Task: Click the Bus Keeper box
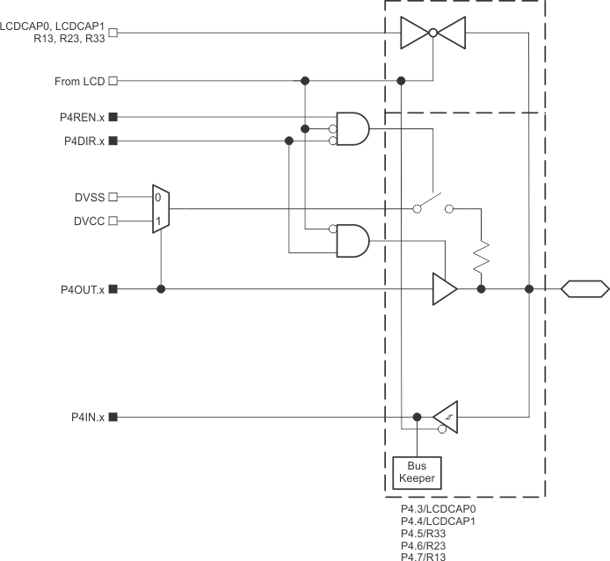pyautogui.click(x=418, y=473)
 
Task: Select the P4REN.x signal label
pyautogui.click(x=82, y=116)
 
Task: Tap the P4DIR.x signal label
pyautogui.click(x=83, y=141)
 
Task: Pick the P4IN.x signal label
pyautogui.click(x=88, y=417)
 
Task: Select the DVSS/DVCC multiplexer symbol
pyautogui.click(x=160, y=209)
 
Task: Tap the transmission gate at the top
pyautogui.click(x=432, y=33)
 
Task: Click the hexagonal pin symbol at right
pyautogui.click(x=585, y=288)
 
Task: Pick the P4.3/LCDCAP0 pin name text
pyautogui.click(x=438, y=508)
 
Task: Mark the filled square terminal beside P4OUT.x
pyautogui.click(x=113, y=288)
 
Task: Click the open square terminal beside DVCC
pyautogui.click(x=113, y=222)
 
